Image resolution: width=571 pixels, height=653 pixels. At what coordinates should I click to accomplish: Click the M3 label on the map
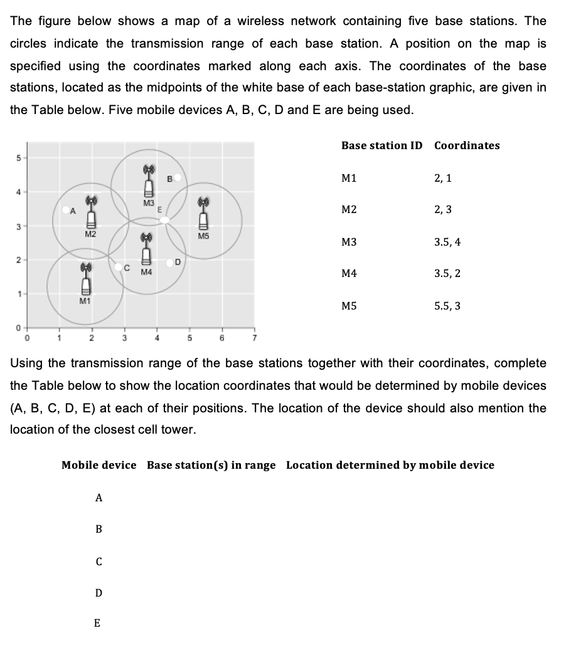pyautogui.click(x=148, y=202)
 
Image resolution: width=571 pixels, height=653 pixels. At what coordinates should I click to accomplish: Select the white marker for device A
pyautogui.click(x=65, y=211)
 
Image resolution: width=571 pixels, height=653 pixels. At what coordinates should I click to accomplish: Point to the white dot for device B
pyautogui.click(x=178, y=177)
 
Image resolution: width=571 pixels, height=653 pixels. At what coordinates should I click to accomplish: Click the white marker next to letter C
pyautogui.click(x=119, y=267)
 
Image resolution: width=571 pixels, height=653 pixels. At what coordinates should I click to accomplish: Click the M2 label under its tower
pyautogui.click(x=90, y=234)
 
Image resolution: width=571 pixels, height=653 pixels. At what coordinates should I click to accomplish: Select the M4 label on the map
pyautogui.click(x=147, y=273)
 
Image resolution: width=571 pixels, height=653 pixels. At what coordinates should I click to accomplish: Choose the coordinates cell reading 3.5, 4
pyautogui.click(x=447, y=242)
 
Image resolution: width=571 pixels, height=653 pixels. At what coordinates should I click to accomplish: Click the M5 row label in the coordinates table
pyautogui.click(x=349, y=306)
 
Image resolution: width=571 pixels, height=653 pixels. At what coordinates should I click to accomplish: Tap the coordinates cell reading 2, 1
pyautogui.click(x=442, y=178)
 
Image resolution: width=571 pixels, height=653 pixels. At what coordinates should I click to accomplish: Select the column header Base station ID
pyautogui.click(x=382, y=145)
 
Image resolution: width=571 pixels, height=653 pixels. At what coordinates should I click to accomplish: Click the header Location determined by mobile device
pyautogui.click(x=390, y=465)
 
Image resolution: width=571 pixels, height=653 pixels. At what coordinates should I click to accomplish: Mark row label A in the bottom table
pyautogui.click(x=99, y=498)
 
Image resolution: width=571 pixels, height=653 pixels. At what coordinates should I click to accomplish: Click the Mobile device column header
pyautogui.click(x=99, y=465)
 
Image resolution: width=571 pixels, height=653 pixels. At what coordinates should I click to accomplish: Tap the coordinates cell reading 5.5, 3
pyautogui.click(x=447, y=306)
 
